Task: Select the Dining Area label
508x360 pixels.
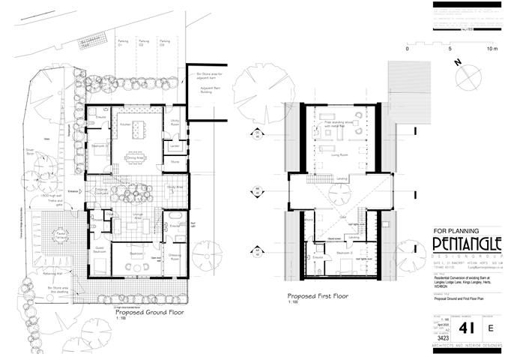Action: [135, 158]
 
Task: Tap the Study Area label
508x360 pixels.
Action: [175, 186]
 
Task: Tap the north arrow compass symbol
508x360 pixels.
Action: [469, 76]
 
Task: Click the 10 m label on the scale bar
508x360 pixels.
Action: [492, 48]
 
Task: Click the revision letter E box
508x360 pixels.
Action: [491, 328]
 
